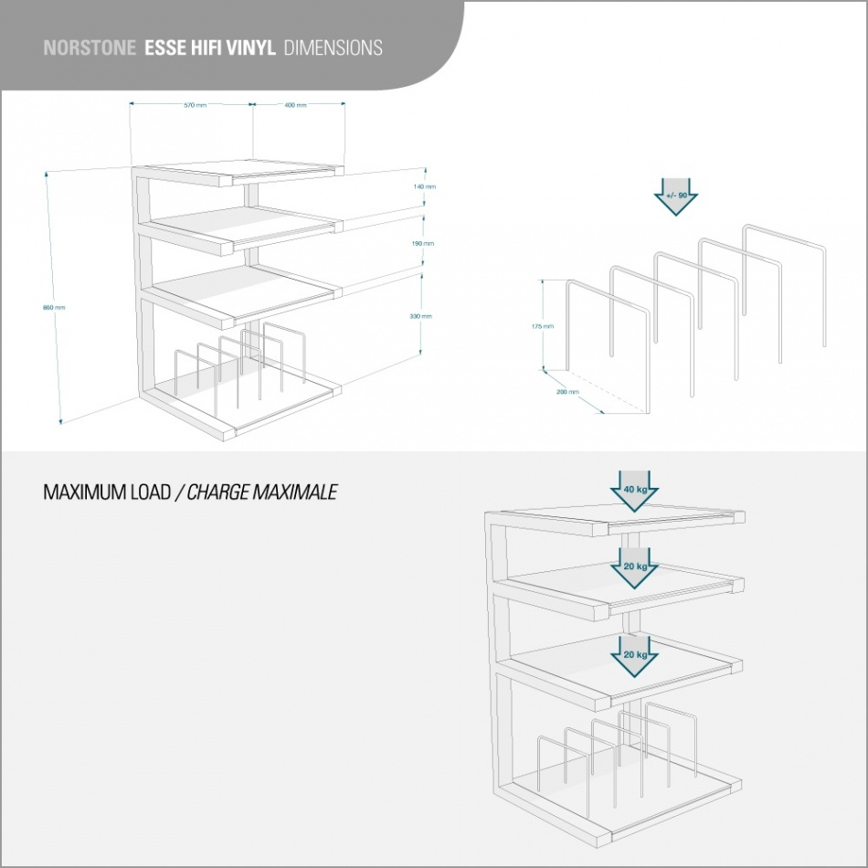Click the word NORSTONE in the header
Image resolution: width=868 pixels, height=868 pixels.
(90, 48)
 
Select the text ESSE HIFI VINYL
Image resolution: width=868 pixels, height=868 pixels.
(209, 48)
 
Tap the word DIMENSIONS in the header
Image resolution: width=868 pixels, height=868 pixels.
(333, 48)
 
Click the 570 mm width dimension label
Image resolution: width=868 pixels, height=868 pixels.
(195, 105)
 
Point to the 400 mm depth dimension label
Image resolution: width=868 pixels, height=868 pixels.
(295, 105)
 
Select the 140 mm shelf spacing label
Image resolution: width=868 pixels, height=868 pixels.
(424, 186)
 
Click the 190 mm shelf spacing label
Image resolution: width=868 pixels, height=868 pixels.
(422, 244)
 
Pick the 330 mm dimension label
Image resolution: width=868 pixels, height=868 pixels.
(420, 316)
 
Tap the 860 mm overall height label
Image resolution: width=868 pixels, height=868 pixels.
(54, 307)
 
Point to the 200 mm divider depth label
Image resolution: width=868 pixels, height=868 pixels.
(567, 392)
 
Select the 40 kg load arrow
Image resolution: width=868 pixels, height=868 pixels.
(635, 492)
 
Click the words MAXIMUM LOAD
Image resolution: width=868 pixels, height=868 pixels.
(107, 492)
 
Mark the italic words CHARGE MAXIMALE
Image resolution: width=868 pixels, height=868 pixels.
(262, 492)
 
